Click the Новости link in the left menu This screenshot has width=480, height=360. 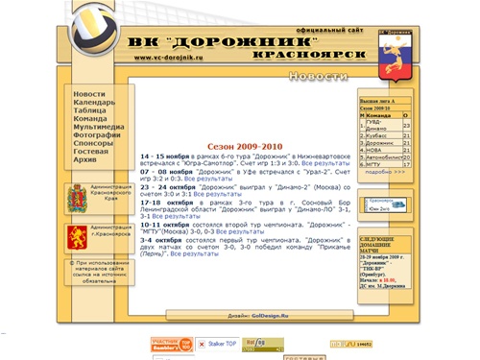(89, 94)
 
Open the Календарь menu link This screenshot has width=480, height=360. (94, 103)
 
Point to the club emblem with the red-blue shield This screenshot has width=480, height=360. (391, 53)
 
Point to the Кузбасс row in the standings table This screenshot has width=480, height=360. (380, 136)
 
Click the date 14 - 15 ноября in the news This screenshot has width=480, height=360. (163, 155)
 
